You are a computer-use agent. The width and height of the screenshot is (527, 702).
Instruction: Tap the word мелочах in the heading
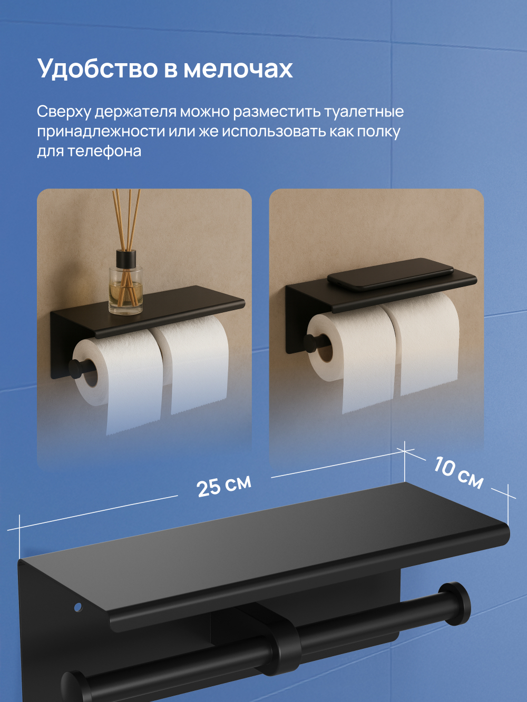[238, 70]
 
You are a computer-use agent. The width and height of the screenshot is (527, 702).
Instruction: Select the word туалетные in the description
[364, 112]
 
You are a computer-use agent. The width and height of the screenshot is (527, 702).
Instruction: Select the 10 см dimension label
[458, 473]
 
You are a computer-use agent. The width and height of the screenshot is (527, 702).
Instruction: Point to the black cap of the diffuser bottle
[126, 259]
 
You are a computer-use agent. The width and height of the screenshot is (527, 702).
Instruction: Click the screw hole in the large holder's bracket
[78, 607]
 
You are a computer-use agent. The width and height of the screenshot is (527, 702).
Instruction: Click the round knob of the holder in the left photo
[76, 368]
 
